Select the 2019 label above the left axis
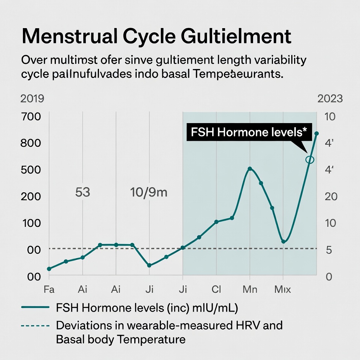pyautogui.click(x=32, y=99)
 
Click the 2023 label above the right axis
pyautogui.click(x=330, y=99)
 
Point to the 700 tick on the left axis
pyautogui.click(x=31, y=116)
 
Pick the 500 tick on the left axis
pyautogui.click(x=31, y=170)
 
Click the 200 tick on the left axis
pyautogui.click(x=31, y=196)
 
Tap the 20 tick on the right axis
pyautogui.click(x=331, y=196)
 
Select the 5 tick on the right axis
pyautogui.click(x=329, y=250)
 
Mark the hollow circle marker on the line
pyautogui.click(x=309, y=160)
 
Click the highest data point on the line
pyautogui.click(x=316, y=133)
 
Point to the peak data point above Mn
pyautogui.click(x=250, y=169)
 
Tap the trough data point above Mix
pyautogui.click(x=283, y=241)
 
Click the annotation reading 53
pyautogui.click(x=82, y=192)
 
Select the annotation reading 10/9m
pyautogui.click(x=149, y=192)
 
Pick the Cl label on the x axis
pyautogui.click(x=216, y=289)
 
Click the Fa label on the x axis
pyautogui.click(x=49, y=289)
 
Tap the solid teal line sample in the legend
pyautogui.click(x=36, y=307)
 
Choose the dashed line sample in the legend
pyautogui.click(x=36, y=325)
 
